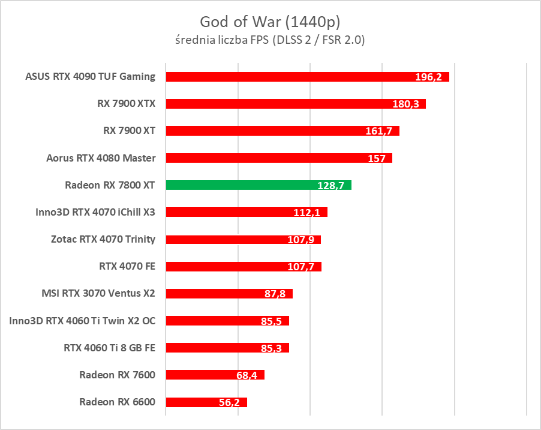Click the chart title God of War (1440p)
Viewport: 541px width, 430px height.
(270, 22)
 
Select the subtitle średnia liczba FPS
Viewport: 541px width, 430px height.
(270, 40)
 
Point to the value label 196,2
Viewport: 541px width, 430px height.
(430, 77)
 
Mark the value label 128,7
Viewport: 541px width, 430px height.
(330, 186)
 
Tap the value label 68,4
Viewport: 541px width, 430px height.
(247, 375)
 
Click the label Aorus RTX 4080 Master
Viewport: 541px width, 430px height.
(101, 158)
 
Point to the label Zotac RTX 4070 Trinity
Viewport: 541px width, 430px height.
(103, 239)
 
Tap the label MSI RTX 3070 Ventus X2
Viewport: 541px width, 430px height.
(98, 293)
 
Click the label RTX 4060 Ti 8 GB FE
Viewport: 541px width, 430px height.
(109, 347)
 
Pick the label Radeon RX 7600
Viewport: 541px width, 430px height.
(117, 375)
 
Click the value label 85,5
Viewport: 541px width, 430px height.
(272, 321)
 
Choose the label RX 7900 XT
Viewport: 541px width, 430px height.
(130, 130)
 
